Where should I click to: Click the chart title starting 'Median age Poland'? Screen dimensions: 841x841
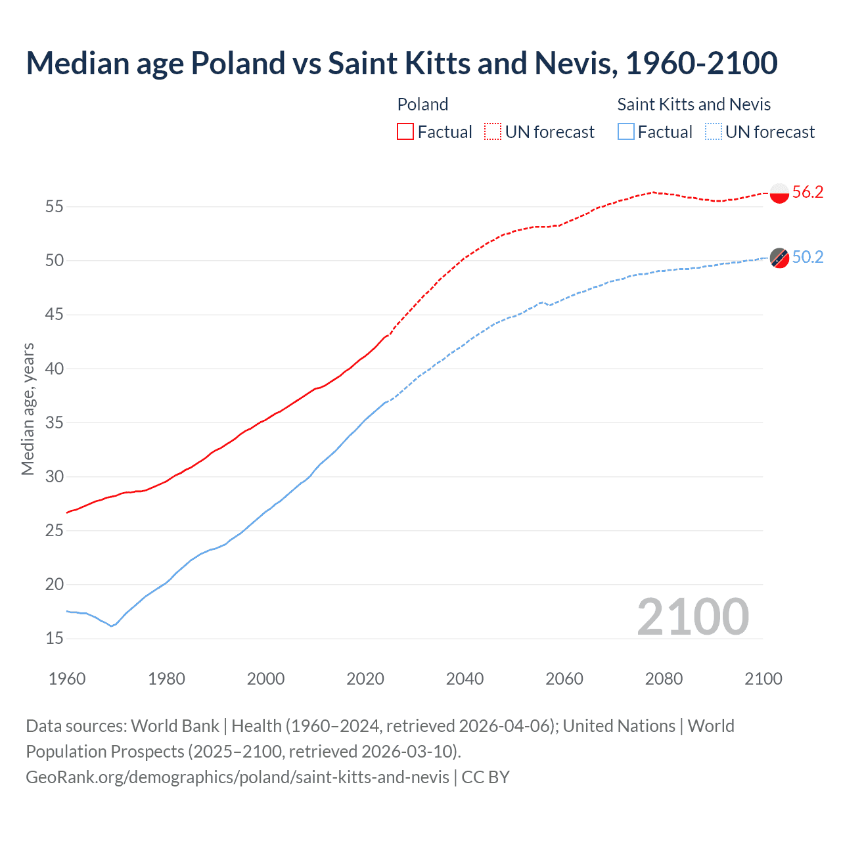pyautogui.click(x=401, y=64)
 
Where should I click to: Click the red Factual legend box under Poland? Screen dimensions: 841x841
pyautogui.click(x=405, y=132)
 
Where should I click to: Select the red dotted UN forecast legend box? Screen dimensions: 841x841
pyautogui.click(x=493, y=132)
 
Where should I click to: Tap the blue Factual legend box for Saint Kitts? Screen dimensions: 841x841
pyautogui.click(x=626, y=132)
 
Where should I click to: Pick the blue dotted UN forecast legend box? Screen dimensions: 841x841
pyautogui.click(x=714, y=132)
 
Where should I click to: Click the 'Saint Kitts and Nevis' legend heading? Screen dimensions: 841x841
pyautogui.click(x=694, y=104)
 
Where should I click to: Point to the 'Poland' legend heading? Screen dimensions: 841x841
pyautogui.click(x=422, y=104)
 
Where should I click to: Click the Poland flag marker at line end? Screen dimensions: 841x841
pyautogui.click(x=779, y=193)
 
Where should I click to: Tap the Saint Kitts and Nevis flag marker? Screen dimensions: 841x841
pyautogui.click(x=779, y=258)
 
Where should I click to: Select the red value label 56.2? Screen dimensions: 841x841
pyautogui.click(x=807, y=192)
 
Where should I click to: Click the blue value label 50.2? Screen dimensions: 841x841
pyautogui.click(x=807, y=257)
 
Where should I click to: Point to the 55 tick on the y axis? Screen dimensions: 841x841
pyautogui.click(x=55, y=207)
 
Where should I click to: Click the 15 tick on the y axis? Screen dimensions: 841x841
pyautogui.click(x=55, y=639)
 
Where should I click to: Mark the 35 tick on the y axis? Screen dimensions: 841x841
pyautogui.click(x=55, y=422)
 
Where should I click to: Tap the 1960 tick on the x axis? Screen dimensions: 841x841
pyautogui.click(x=67, y=679)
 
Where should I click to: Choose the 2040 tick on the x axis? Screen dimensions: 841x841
pyautogui.click(x=465, y=679)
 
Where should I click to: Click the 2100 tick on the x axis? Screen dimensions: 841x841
pyautogui.click(x=763, y=679)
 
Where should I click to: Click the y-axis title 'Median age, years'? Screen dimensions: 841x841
pyautogui.click(x=28, y=409)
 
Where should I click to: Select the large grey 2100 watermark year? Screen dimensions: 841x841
pyautogui.click(x=693, y=617)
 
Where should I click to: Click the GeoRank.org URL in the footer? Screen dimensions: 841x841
pyautogui.click(x=237, y=777)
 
